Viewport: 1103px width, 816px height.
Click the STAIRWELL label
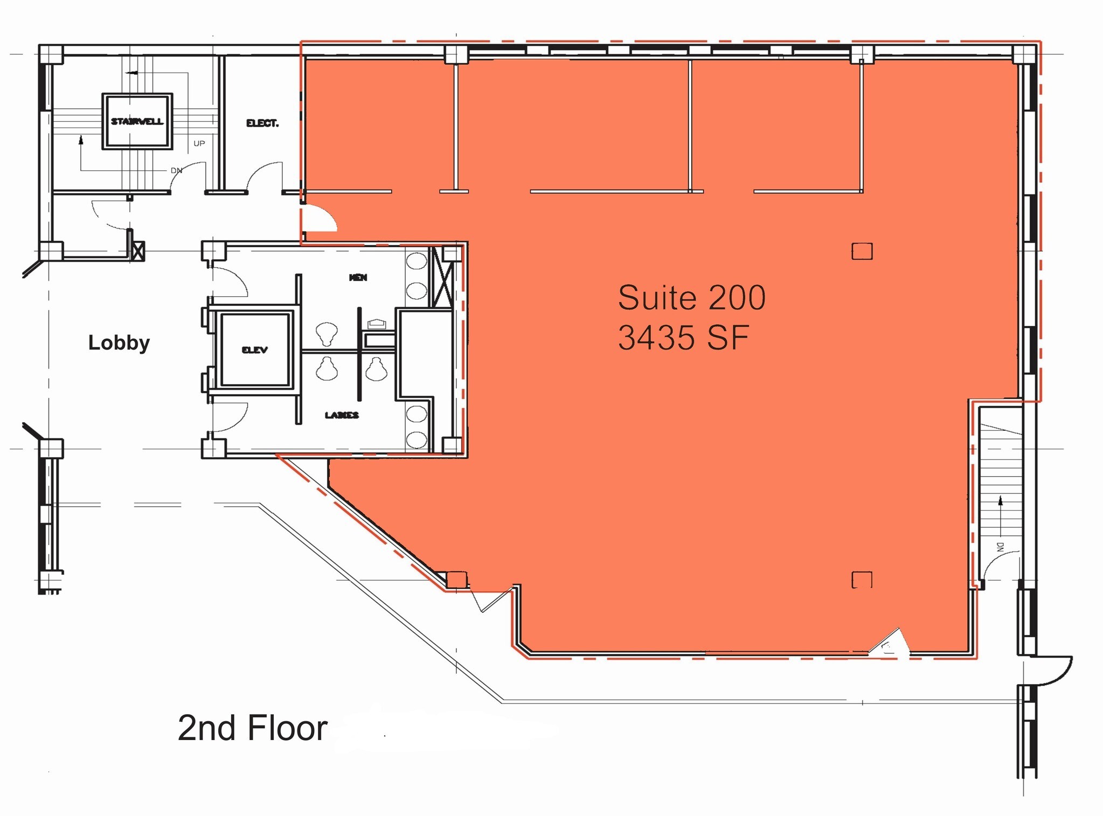137,121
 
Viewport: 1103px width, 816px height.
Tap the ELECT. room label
262,123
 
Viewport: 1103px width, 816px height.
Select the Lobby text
119,343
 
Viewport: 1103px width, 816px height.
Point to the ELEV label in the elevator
255,350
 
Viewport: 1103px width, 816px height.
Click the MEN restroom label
358,277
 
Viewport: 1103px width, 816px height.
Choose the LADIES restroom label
342,415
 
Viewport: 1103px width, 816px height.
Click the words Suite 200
691,298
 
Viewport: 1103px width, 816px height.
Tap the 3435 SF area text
683,338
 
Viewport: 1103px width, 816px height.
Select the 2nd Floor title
252,728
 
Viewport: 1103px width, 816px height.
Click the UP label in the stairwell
199,143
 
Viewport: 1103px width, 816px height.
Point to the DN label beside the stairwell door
176,170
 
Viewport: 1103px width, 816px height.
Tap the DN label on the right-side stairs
1000,547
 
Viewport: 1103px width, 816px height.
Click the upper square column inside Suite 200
862,251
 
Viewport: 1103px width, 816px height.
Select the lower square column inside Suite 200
862,580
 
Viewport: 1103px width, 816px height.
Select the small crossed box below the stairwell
138,251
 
